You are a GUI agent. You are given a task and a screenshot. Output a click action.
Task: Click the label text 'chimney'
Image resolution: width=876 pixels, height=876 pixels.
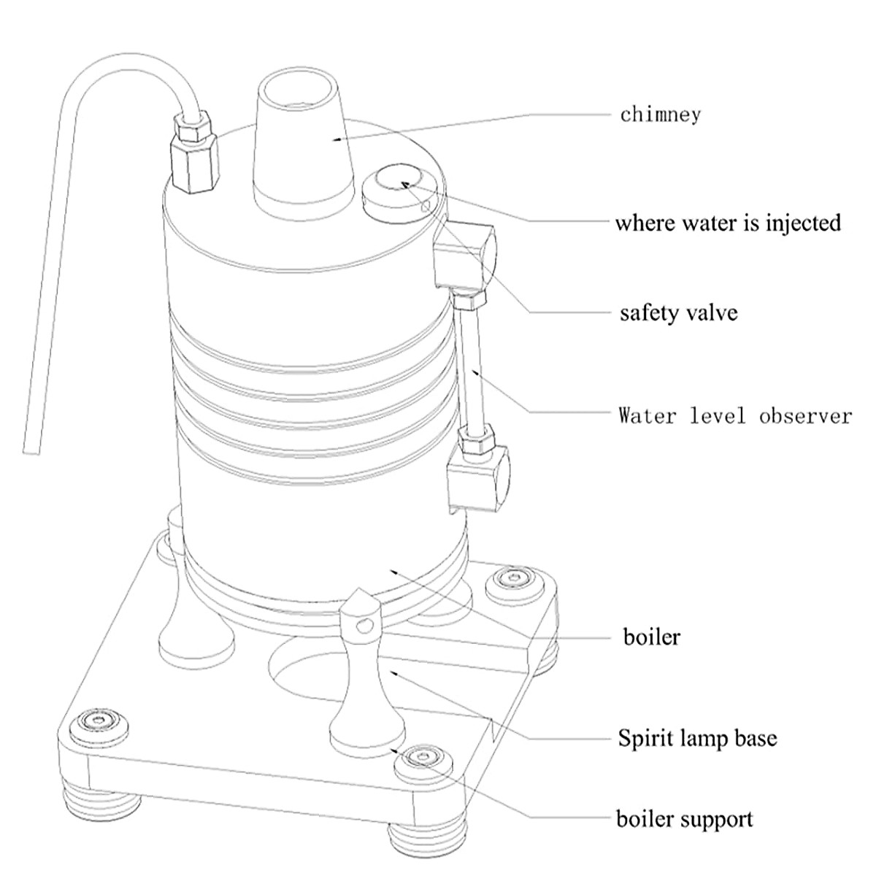tap(660, 115)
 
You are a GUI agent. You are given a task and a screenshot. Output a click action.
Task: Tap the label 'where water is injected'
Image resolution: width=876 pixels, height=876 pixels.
tap(728, 222)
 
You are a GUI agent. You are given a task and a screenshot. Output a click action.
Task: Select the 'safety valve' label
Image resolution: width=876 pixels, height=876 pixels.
tap(678, 313)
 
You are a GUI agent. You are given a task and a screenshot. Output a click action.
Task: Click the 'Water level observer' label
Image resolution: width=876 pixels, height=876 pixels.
tap(734, 416)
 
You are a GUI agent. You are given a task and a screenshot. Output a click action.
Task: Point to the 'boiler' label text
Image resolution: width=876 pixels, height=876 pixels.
tap(651, 637)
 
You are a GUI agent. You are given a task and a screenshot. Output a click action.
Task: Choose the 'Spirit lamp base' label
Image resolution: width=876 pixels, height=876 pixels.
tap(697, 738)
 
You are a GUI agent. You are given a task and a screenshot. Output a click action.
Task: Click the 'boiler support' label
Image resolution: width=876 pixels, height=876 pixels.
tap(684, 818)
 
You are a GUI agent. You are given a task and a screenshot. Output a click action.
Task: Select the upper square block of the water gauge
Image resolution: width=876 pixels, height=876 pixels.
tap(463, 255)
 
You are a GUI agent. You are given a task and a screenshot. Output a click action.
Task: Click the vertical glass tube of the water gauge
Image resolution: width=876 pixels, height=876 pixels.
tap(469, 365)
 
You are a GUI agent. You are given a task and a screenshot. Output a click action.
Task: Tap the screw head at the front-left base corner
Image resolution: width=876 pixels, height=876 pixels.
tap(97, 722)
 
